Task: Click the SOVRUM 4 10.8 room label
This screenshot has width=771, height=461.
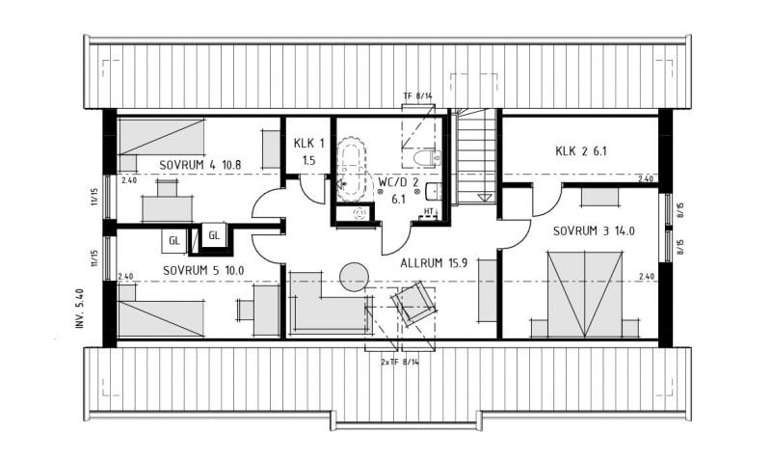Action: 200,165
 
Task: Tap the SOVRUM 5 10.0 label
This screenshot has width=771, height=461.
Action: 203,271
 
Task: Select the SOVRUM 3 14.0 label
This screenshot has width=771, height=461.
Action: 594,231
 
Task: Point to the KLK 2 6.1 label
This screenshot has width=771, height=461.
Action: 581,151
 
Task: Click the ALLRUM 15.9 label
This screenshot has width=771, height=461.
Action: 434,263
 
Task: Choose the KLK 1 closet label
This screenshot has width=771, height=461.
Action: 308,143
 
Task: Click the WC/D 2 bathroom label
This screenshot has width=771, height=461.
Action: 398,181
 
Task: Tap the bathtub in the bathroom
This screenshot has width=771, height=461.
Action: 351,169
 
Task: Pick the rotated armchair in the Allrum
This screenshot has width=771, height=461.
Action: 413,303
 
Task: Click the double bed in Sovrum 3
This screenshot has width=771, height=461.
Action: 585,294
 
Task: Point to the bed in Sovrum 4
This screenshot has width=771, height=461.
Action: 161,136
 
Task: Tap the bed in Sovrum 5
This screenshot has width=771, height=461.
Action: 161,319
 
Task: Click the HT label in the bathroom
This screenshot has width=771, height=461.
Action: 429,211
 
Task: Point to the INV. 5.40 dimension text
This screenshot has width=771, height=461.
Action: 81,309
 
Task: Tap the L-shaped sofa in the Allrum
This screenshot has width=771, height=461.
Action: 329,302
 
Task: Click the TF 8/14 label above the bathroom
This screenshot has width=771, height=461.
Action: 417,95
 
